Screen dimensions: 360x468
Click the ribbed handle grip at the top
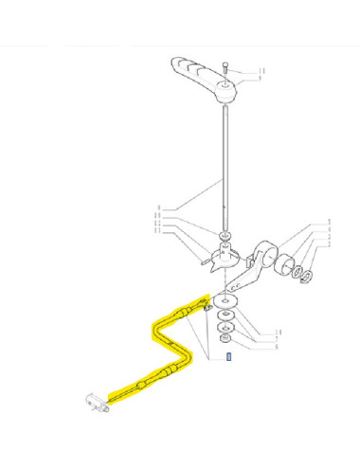click(193, 71)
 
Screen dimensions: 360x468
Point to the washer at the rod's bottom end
click(225, 235)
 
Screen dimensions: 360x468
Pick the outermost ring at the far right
click(307, 276)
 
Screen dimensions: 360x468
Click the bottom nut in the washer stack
click(225, 339)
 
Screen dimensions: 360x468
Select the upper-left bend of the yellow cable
click(155, 327)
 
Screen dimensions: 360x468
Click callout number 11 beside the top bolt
click(262, 70)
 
